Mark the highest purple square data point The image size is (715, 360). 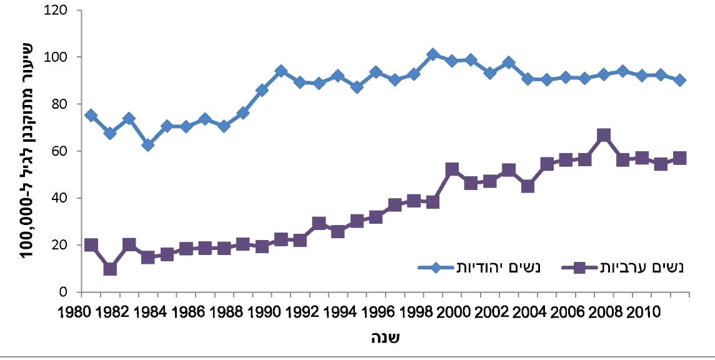click(603, 136)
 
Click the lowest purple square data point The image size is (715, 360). click(110, 269)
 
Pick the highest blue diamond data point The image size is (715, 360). click(432, 54)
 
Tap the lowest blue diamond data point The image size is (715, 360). click(148, 145)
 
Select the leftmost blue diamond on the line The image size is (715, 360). click(91, 115)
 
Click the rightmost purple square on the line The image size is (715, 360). click(680, 158)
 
